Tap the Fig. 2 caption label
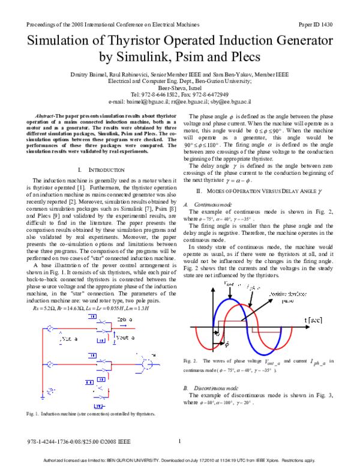tap(190, 360)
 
